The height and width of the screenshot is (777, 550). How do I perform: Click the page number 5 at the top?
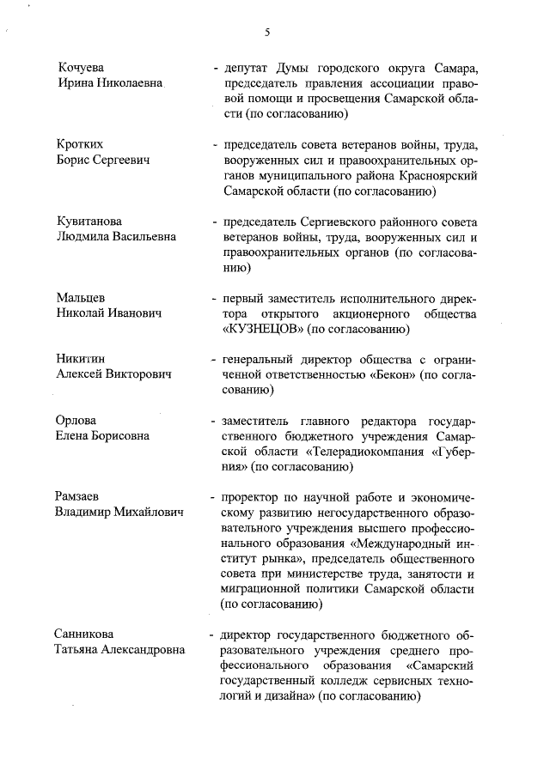click(267, 33)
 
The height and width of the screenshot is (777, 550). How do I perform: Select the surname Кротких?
click(82, 144)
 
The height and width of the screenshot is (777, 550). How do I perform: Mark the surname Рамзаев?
click(81, 497)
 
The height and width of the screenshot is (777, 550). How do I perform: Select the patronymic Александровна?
click(141, 650)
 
